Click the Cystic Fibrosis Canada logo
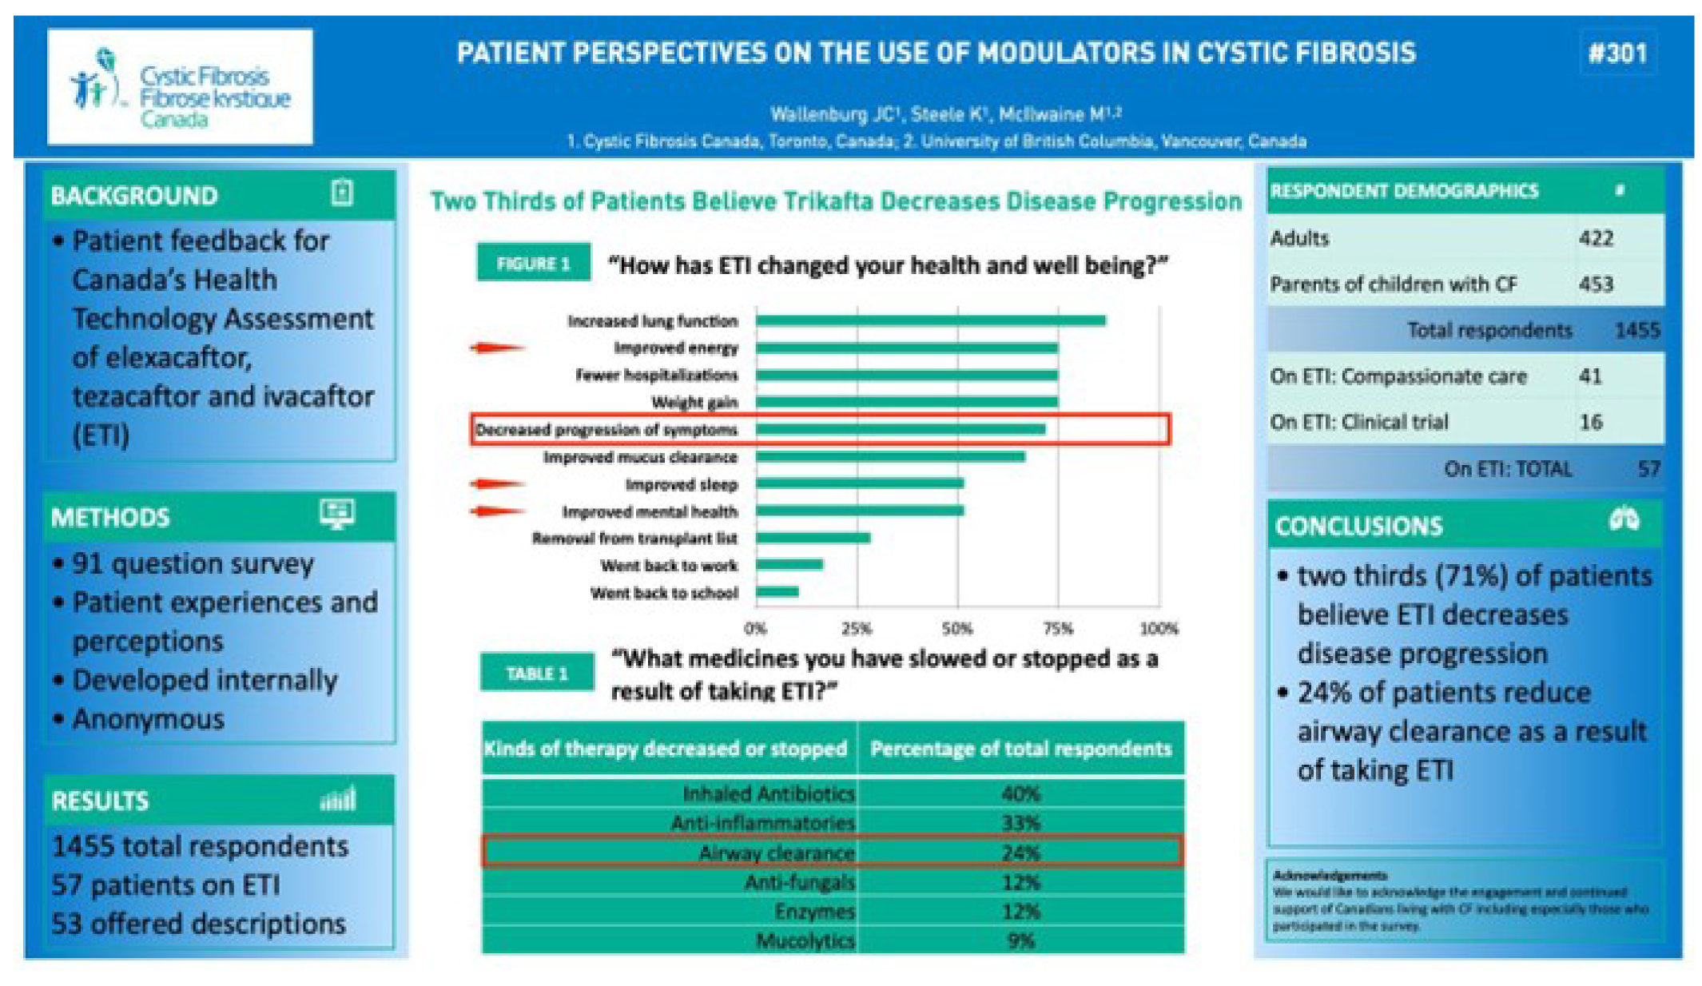coord(180,87)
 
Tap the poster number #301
coord(1617,54)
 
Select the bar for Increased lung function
coord(930,320)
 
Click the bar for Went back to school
coord(777,592)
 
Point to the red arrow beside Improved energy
coord(497,348)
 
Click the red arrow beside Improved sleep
coord(497,483)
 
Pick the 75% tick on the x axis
coord(1058,629)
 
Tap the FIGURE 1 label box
coord(533,263)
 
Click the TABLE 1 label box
coord(537,673)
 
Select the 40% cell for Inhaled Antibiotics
coord(1020,793)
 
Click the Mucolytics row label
coord(805,940)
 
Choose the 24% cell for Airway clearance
coord(1020,853)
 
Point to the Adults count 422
coord(1596,238)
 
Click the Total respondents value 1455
coord(1636,330)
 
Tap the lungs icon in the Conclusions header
coord(1624,521)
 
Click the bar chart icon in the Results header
coord(338,799)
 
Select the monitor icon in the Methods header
coord(337,513)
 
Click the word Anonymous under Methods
coord(149,719)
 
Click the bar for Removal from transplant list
coord(813,538)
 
